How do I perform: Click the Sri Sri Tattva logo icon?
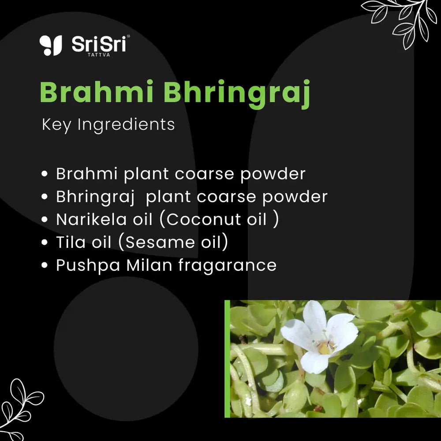(51, 45)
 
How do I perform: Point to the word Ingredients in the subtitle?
(126, 125)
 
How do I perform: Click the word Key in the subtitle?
(56, 125)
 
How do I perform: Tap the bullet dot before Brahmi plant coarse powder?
(44, 173)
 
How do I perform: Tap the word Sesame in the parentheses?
(160, 242)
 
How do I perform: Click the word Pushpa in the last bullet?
(88, 266)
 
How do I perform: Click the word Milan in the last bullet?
(149, 265)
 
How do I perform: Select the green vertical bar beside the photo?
(227, 359)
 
